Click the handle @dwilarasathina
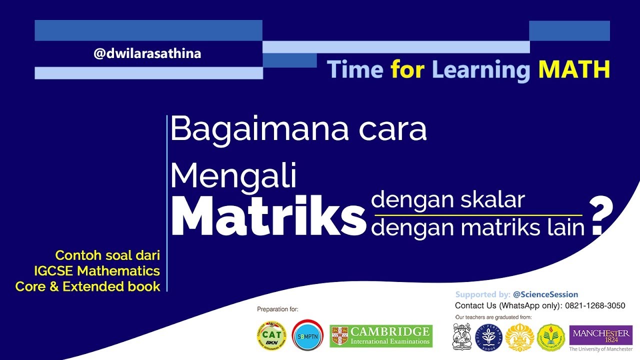pos(147,53)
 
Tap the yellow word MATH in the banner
pos(573,69)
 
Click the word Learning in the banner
pos(480,70)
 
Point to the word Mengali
pos(233,176)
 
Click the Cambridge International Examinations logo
pos(381,336)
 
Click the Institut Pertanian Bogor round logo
pos(488,337)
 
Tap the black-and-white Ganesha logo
pos(462,336)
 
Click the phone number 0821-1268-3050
pos(595,305)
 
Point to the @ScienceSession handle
pos(545,294)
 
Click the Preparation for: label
pos(277,309)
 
